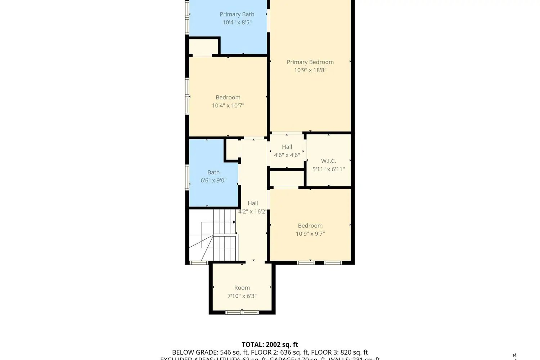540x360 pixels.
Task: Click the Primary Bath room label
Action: pos(237,14)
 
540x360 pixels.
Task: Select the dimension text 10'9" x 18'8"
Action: pos(310,70)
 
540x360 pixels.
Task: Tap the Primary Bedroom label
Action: pos(310,62)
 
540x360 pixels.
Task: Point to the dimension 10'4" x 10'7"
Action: pos(228,105)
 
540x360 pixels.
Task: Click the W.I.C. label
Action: pos(328,161)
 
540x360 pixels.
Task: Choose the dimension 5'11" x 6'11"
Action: pos(328,169)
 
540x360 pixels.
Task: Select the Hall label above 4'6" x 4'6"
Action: pos(287,147)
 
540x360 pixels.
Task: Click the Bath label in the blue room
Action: pos(213,172)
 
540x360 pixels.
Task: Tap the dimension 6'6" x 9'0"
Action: pos(213,180)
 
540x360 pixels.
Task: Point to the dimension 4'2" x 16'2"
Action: pos(252,211)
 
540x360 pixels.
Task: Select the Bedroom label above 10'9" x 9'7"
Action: pos(310,226)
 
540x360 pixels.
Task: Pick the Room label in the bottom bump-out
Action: pos(242,288)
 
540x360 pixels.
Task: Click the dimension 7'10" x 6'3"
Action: pos(242,296)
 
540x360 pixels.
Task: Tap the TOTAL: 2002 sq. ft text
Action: pos(270,345)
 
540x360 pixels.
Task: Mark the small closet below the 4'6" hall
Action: pos(287,178)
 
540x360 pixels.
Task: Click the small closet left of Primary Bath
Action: pos(203,46)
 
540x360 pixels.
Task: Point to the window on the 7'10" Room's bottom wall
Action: pos(242,312)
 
